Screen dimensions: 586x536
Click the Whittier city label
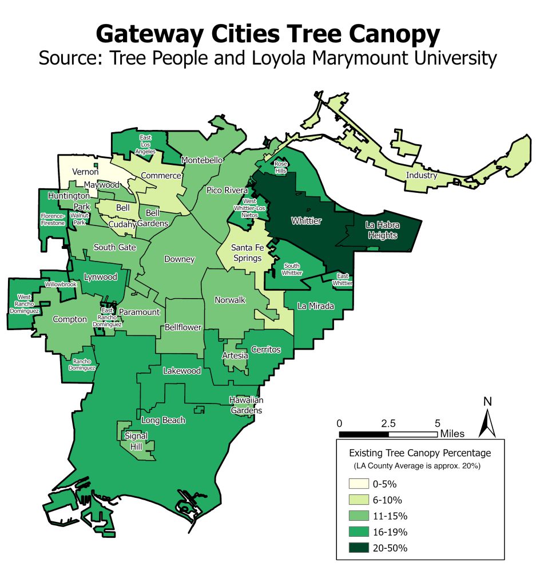306,221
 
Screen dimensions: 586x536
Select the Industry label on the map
422,175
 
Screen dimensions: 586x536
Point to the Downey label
180,259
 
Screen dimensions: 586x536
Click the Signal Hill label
136,441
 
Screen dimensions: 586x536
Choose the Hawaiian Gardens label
246,405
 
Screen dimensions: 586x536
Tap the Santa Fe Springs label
246,253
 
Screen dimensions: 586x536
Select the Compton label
69,319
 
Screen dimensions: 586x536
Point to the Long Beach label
164,421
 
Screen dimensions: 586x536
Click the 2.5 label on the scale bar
388,424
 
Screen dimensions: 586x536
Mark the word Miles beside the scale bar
452,434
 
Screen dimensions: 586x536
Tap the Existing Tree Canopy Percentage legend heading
420,453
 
